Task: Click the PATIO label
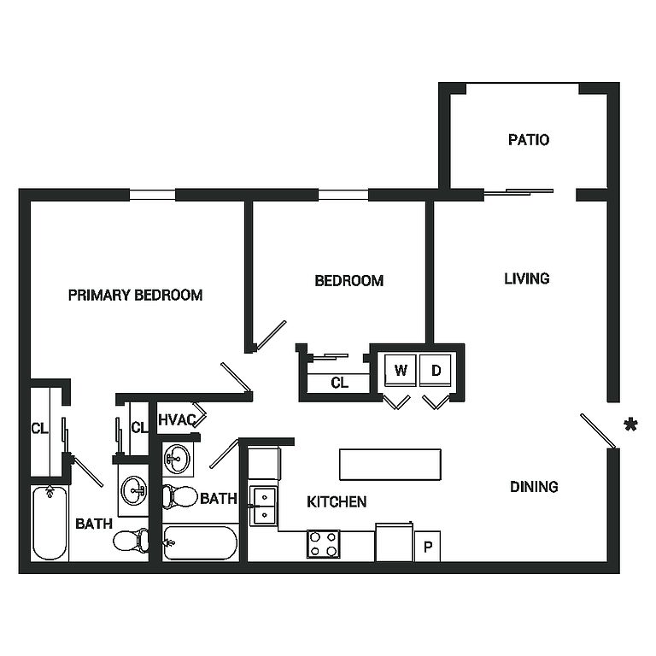tap(528, 140)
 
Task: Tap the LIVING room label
tap(526, 278)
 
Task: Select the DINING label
tap(534, 487)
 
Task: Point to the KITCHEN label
tap(337, 501)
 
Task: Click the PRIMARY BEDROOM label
tap(135, 296)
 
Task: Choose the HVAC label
tap(177, 419)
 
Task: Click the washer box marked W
tap(399, 371)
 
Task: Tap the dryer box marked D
tap(436, 371)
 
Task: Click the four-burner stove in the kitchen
tap(323, 544)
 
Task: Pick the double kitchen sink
tap(264, 506)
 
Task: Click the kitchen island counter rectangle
tap(391, 465)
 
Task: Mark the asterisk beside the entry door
tap(630, 425)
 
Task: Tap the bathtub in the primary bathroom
tap(50, 523)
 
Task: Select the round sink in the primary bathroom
tap(133, 490)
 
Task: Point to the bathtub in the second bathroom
tap(202, 542)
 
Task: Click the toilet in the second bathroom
tap(179, 496)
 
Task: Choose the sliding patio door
tap(518, 192)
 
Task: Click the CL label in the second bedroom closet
tap(339, 383)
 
